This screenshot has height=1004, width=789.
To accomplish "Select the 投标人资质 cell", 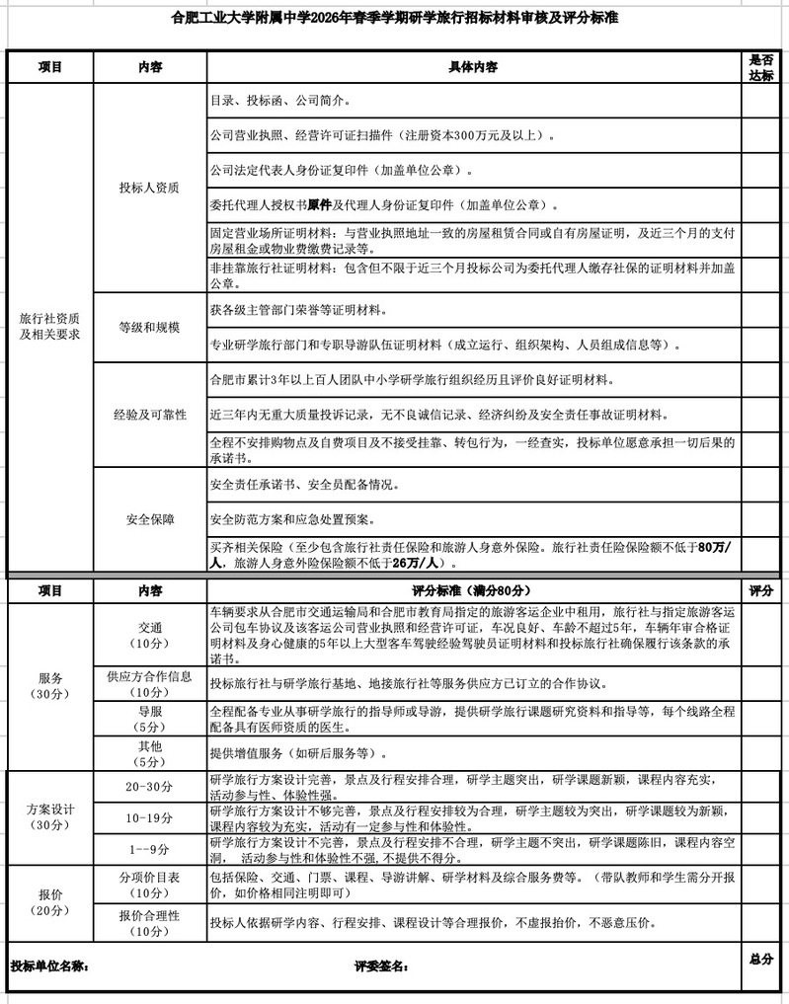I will [x=149, y=188].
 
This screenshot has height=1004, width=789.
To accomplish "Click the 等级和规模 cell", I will [x=149, y=327].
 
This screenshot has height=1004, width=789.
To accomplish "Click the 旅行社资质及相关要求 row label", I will [x=49, y=326].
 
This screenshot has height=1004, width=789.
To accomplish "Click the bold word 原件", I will [x=319, y=205].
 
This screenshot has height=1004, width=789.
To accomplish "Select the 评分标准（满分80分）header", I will [x=474, y=590].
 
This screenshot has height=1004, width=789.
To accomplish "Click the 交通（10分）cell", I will [x=149, y=634].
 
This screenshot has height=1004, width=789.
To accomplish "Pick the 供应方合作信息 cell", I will [x=149, y=683].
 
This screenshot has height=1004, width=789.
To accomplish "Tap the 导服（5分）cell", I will [x=149, y=718].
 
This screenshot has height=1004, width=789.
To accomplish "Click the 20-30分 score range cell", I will [x=149, y=786].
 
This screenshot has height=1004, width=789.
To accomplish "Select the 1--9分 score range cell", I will [x=149, y=848].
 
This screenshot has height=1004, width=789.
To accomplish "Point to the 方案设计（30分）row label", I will [x=49, y=816].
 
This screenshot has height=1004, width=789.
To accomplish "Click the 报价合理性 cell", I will [x=149, y=923].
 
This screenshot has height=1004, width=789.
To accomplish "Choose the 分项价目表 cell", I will [x=149, y=884].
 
